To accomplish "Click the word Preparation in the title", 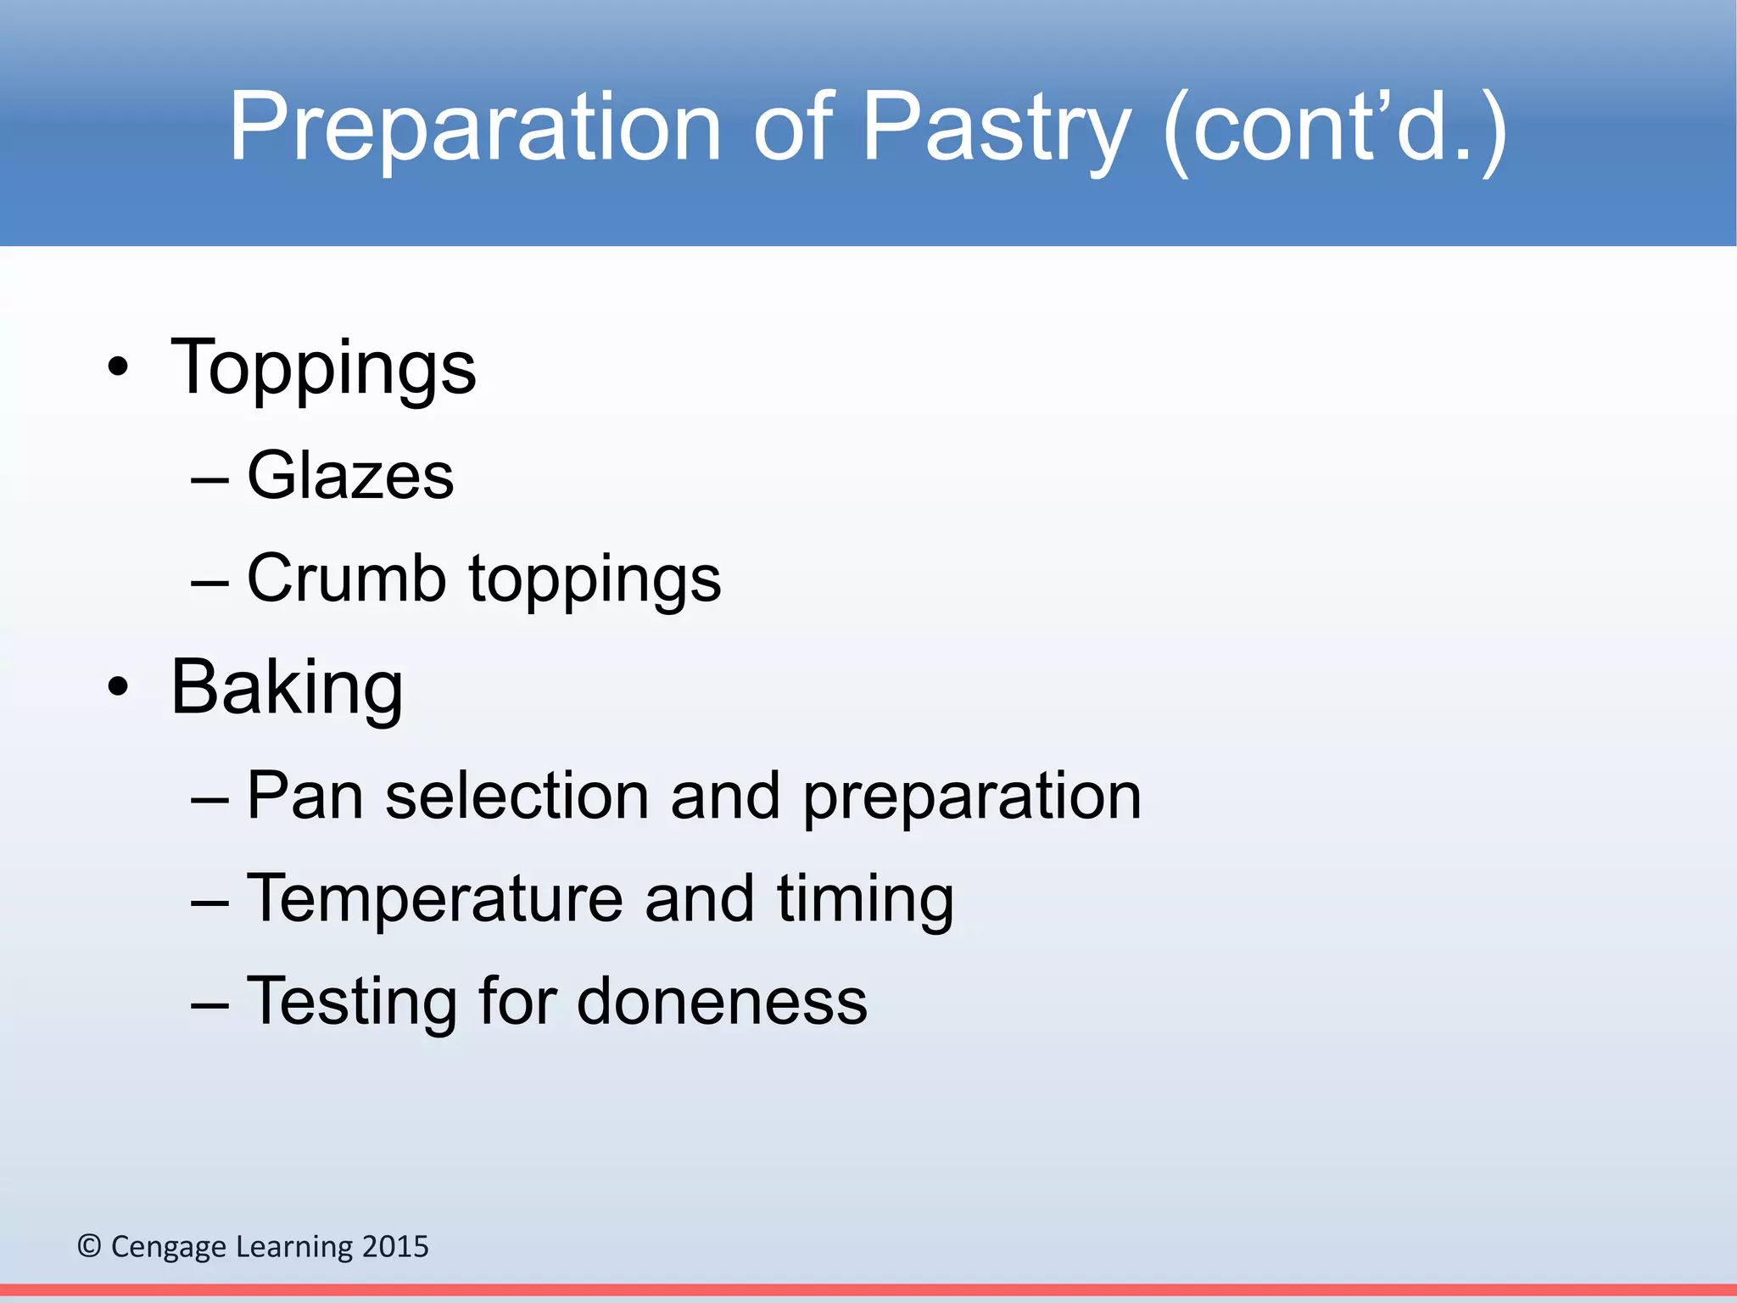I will (475, 127).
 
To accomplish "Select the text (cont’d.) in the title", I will (1335, 127).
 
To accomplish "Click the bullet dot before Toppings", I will (119, 368).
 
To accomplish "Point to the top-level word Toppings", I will (323, 368).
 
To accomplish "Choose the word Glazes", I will (350, 476).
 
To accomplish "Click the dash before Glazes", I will (209, 480).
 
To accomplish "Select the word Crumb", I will (346, 579).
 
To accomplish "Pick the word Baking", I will (287, 688).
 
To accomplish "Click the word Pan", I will (305, 796).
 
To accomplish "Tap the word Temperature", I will (434, 899).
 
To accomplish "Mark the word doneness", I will (722, 1002).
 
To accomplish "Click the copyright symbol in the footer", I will (89, 1246).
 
